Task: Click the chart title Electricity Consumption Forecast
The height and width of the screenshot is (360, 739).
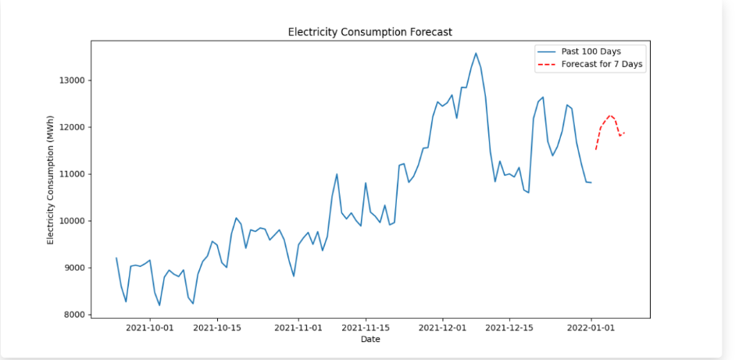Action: coord(370,32)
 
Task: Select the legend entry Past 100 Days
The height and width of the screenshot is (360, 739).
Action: coord(591,52)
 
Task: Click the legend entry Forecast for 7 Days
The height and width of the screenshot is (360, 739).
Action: coord(602,65)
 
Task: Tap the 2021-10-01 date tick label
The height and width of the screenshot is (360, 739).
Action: coord(149,328)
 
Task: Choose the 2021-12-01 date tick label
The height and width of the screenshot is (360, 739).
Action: coord(443,328)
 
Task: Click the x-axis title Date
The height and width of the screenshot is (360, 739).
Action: coord(370,340)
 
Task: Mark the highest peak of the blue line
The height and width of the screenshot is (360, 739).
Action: coord(476,53)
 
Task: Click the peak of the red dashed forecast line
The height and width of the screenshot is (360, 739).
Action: coord(610,115)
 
